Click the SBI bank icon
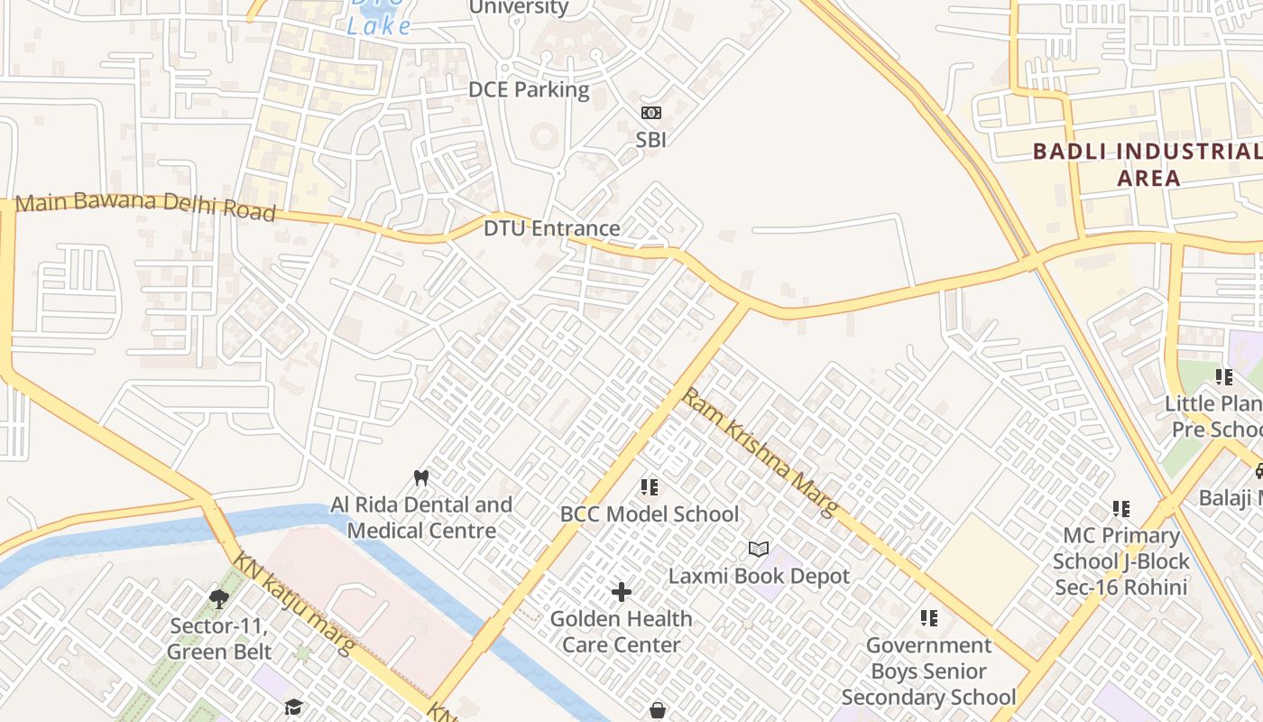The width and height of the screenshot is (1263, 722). tap(650, 113)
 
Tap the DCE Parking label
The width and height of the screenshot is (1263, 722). tap(529, 89)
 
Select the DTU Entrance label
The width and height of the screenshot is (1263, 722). tap(551, 228)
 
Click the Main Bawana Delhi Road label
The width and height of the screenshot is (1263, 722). tap(145, 207)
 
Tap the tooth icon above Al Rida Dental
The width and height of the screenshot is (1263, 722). tap(420, 477)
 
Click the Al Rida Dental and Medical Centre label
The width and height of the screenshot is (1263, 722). tap(421, 517)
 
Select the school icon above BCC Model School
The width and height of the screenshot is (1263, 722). tap(650, 487)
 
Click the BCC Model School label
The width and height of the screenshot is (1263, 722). tap(650, 514)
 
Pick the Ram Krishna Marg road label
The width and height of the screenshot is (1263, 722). tap(761, 453)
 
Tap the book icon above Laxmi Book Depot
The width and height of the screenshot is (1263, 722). tap(759, 549)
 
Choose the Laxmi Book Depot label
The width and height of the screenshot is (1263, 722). tap(759, 576)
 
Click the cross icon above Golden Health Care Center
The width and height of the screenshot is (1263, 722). tap(622, 592)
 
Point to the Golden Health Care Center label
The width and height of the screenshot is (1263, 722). tap(622, 632)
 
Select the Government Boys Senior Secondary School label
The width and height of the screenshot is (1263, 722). tap(928, 671)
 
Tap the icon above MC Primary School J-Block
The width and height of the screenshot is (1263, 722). tap(1121, 509)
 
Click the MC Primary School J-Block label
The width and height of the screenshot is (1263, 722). tap(1121, 561)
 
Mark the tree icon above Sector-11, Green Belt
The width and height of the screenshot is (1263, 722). tap(219, 597)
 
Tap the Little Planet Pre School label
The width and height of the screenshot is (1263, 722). tap(1213, 416)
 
